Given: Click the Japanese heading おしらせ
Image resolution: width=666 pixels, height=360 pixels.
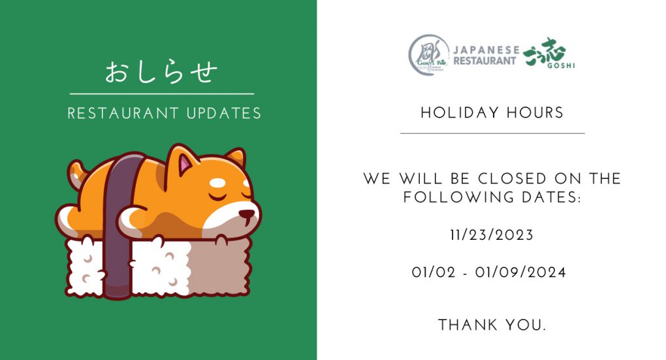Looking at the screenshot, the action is pyautogui.click(x=161, y=73).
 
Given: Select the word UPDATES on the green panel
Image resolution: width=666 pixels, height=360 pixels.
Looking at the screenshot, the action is pyautogui.click(x=224, y=114).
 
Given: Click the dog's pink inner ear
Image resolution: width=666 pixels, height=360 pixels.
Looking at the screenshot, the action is pyautogui.click(x=185, y=165).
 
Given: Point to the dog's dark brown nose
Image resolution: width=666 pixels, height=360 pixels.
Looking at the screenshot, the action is pyautogui.click(x=247, y=214).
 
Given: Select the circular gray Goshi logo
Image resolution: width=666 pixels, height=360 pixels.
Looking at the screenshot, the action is pyautogui.click(x=428, y=56).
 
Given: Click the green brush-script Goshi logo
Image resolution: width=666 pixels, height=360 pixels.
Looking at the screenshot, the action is pyautogui.click(x=548, y=53).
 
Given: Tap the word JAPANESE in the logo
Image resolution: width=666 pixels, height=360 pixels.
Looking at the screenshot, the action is pyautogui.click(x=486, y=50).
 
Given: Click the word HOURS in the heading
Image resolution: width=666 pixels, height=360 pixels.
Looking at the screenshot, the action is pyautogui.click(x=535, y=112).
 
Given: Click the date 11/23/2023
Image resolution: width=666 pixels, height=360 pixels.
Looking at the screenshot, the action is pyautogui.click(x=492, y=235).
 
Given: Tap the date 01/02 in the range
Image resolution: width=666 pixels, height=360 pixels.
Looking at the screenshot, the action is pyautogui.click(x=434, y=272).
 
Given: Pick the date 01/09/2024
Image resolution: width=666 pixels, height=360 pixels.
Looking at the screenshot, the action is pyautogui.click(x=521, y=272).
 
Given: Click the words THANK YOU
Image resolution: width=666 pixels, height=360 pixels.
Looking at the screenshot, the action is pyautogui.click(x=492, y=325).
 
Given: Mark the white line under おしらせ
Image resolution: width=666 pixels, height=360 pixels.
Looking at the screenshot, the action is pyautogui.click(x=162, y=94).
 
